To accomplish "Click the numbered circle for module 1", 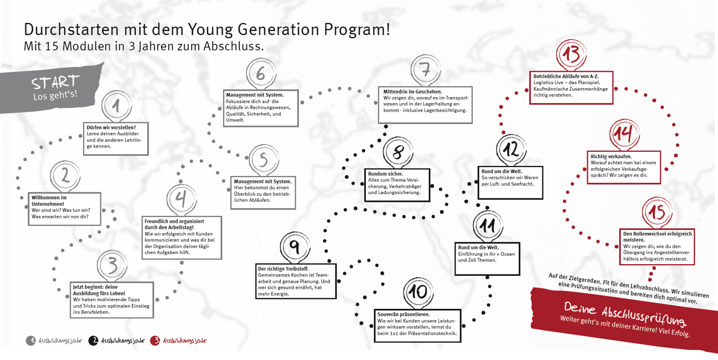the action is click(x=116, y=105).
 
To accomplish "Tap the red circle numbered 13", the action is click(x=571, y=54).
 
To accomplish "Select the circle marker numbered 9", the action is click(x=295, y=247).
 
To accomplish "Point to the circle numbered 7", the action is click(x=426, y=70).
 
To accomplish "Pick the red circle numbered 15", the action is click(x=657, y=212).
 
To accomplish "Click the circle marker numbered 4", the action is click(x=181, y=199).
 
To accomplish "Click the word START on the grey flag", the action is click(x=56, y=82).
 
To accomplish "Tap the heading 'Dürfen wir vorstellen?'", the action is click(x=111, y=127).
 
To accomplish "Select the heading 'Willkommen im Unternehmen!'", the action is click(x=49, y=201).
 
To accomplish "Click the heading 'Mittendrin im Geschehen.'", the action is click(x=412, y=91).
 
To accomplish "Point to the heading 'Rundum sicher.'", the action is click(x=385, y=174).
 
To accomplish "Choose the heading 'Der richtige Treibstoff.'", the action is click(x=283, y=269).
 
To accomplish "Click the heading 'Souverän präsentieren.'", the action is click(x=403, y=315).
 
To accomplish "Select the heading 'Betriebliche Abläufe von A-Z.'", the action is click(x=566, y=76).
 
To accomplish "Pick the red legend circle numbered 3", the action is click(x=155, y=340).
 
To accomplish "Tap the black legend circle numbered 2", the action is click(x=93, y=340).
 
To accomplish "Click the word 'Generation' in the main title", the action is click(x=278, y=30).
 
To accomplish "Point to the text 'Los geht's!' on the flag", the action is click(x=55, y=95).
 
